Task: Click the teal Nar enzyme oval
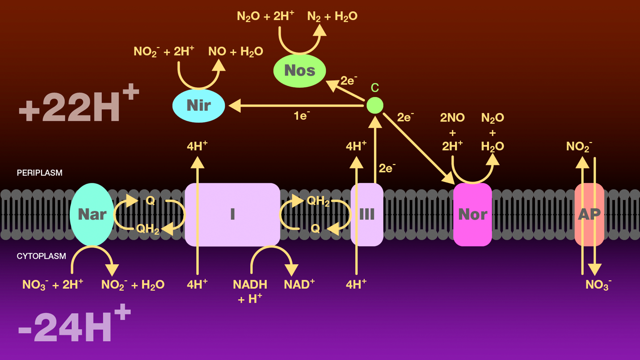92,214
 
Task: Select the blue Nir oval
198,106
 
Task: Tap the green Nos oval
299,71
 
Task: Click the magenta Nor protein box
472,215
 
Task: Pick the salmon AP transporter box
589,215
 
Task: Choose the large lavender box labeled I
232,215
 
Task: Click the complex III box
367,215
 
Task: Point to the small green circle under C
375,106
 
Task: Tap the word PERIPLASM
39,173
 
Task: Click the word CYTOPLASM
41,256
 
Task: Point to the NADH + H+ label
250,291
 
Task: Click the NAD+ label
299,284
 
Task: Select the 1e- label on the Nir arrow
302,116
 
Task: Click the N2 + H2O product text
332,17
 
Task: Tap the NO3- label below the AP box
598,285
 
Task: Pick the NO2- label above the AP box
579,146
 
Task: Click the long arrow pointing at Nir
295,106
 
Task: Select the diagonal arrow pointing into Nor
418,147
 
